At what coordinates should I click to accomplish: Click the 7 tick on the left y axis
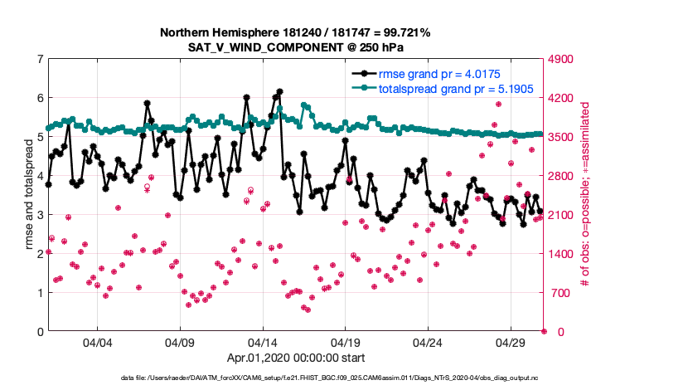point(39,59)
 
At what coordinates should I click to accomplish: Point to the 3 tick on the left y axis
point(39,215)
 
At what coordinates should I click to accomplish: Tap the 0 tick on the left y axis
point(39,332)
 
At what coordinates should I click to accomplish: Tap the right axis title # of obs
point(585,195)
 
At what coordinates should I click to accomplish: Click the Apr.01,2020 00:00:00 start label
point(295,358)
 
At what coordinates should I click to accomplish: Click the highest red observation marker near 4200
point(498,105)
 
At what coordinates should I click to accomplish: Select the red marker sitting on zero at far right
point(544,331)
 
